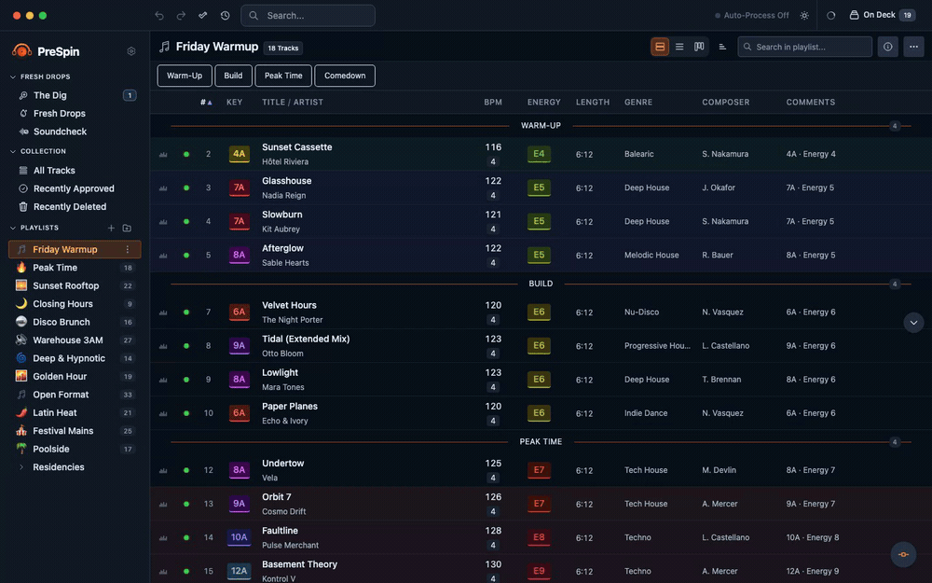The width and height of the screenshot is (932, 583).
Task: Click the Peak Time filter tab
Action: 283,76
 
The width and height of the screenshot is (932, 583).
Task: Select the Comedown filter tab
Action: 345,76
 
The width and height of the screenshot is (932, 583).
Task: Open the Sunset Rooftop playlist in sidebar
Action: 65,285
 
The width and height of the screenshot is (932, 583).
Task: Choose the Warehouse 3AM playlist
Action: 68,340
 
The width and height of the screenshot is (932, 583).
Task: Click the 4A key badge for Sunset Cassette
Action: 239,154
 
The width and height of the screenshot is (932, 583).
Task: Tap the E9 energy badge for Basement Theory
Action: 539,571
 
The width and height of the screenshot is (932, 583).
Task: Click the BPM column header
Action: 493,103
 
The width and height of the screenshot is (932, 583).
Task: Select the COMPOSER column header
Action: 725,103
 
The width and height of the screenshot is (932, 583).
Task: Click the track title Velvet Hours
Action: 289,305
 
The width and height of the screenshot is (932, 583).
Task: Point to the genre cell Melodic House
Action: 651,256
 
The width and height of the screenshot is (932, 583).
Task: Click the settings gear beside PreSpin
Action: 131,51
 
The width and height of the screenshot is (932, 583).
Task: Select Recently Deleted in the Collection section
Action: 70,207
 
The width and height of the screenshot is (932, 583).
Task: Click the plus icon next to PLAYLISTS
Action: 111,228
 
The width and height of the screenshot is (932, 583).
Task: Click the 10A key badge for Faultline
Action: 239,538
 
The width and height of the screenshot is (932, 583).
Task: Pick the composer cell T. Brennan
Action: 721,380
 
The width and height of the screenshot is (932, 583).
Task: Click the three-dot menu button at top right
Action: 913,47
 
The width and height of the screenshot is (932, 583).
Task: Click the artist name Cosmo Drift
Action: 283,511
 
